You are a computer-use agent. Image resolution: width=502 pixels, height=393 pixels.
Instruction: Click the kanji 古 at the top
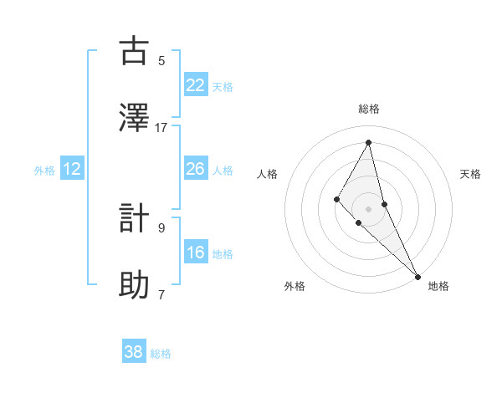134,51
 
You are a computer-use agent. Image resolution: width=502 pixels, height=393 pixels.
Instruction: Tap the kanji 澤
134,117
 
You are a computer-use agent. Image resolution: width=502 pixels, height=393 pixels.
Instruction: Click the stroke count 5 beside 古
161,60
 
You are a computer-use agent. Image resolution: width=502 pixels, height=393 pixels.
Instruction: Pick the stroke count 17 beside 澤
161,127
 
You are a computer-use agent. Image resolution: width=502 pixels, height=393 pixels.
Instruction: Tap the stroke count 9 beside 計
161,227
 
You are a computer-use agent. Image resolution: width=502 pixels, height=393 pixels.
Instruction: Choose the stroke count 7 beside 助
161,294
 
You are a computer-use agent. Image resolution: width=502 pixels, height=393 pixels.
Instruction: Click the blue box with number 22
195,84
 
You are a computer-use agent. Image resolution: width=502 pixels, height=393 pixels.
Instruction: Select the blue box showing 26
195,169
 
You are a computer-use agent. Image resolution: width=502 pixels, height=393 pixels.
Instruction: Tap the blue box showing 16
195,253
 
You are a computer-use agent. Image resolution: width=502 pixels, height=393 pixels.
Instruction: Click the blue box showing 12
72,169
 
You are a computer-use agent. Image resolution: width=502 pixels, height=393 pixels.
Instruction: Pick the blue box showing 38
134,352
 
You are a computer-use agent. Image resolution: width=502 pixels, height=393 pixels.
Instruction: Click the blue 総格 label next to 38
161,354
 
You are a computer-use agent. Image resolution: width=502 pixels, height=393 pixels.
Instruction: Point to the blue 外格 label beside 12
44,171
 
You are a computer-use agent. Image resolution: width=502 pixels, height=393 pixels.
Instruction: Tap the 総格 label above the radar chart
368,109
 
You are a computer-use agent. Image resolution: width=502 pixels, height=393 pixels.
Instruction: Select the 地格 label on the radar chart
438,286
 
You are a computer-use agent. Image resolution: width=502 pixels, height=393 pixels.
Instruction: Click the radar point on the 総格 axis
368,142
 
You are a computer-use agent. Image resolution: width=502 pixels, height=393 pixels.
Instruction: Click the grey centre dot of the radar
368,208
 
